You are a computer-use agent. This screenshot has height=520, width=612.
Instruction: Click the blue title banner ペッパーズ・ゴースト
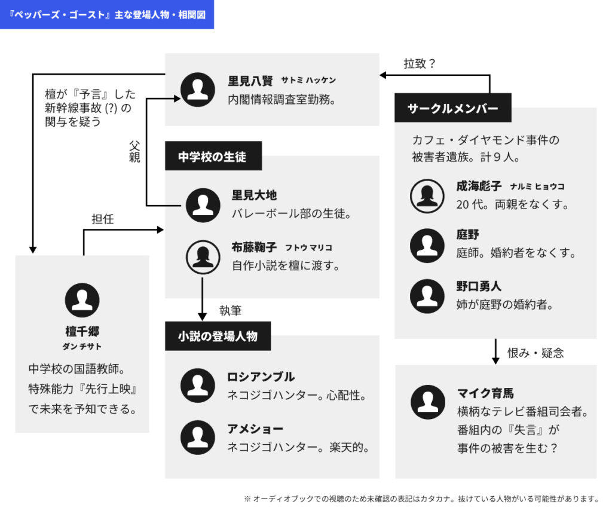coord(107,14)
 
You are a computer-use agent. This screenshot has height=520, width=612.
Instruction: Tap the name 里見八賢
coord(250,81)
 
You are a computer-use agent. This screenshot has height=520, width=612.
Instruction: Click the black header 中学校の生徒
coord(212,157)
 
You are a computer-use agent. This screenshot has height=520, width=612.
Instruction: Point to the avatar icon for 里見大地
coord(203,205)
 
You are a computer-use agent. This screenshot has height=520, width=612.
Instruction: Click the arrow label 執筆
coord(230,311)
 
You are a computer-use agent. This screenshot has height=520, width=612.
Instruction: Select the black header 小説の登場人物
coord(218,337)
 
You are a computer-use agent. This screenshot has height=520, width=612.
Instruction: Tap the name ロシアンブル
coord(261,377)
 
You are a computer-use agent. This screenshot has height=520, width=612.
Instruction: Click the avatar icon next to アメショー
coord(198,438)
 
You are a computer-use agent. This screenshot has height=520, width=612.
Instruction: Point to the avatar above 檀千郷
coord(82,300)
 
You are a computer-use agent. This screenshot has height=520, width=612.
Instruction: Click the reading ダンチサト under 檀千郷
coord(82,347)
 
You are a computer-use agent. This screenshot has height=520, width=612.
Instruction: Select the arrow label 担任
coord(102,219)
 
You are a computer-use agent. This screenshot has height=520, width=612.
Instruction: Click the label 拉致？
coord(420,63)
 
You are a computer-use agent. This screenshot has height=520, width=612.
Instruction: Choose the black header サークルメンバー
coord(452,108)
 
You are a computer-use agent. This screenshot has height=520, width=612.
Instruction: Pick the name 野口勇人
coord(479,286)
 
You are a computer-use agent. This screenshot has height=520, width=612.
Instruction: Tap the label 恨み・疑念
coord(535,353)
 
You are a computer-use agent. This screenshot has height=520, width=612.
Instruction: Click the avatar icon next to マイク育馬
coord(428,402)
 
